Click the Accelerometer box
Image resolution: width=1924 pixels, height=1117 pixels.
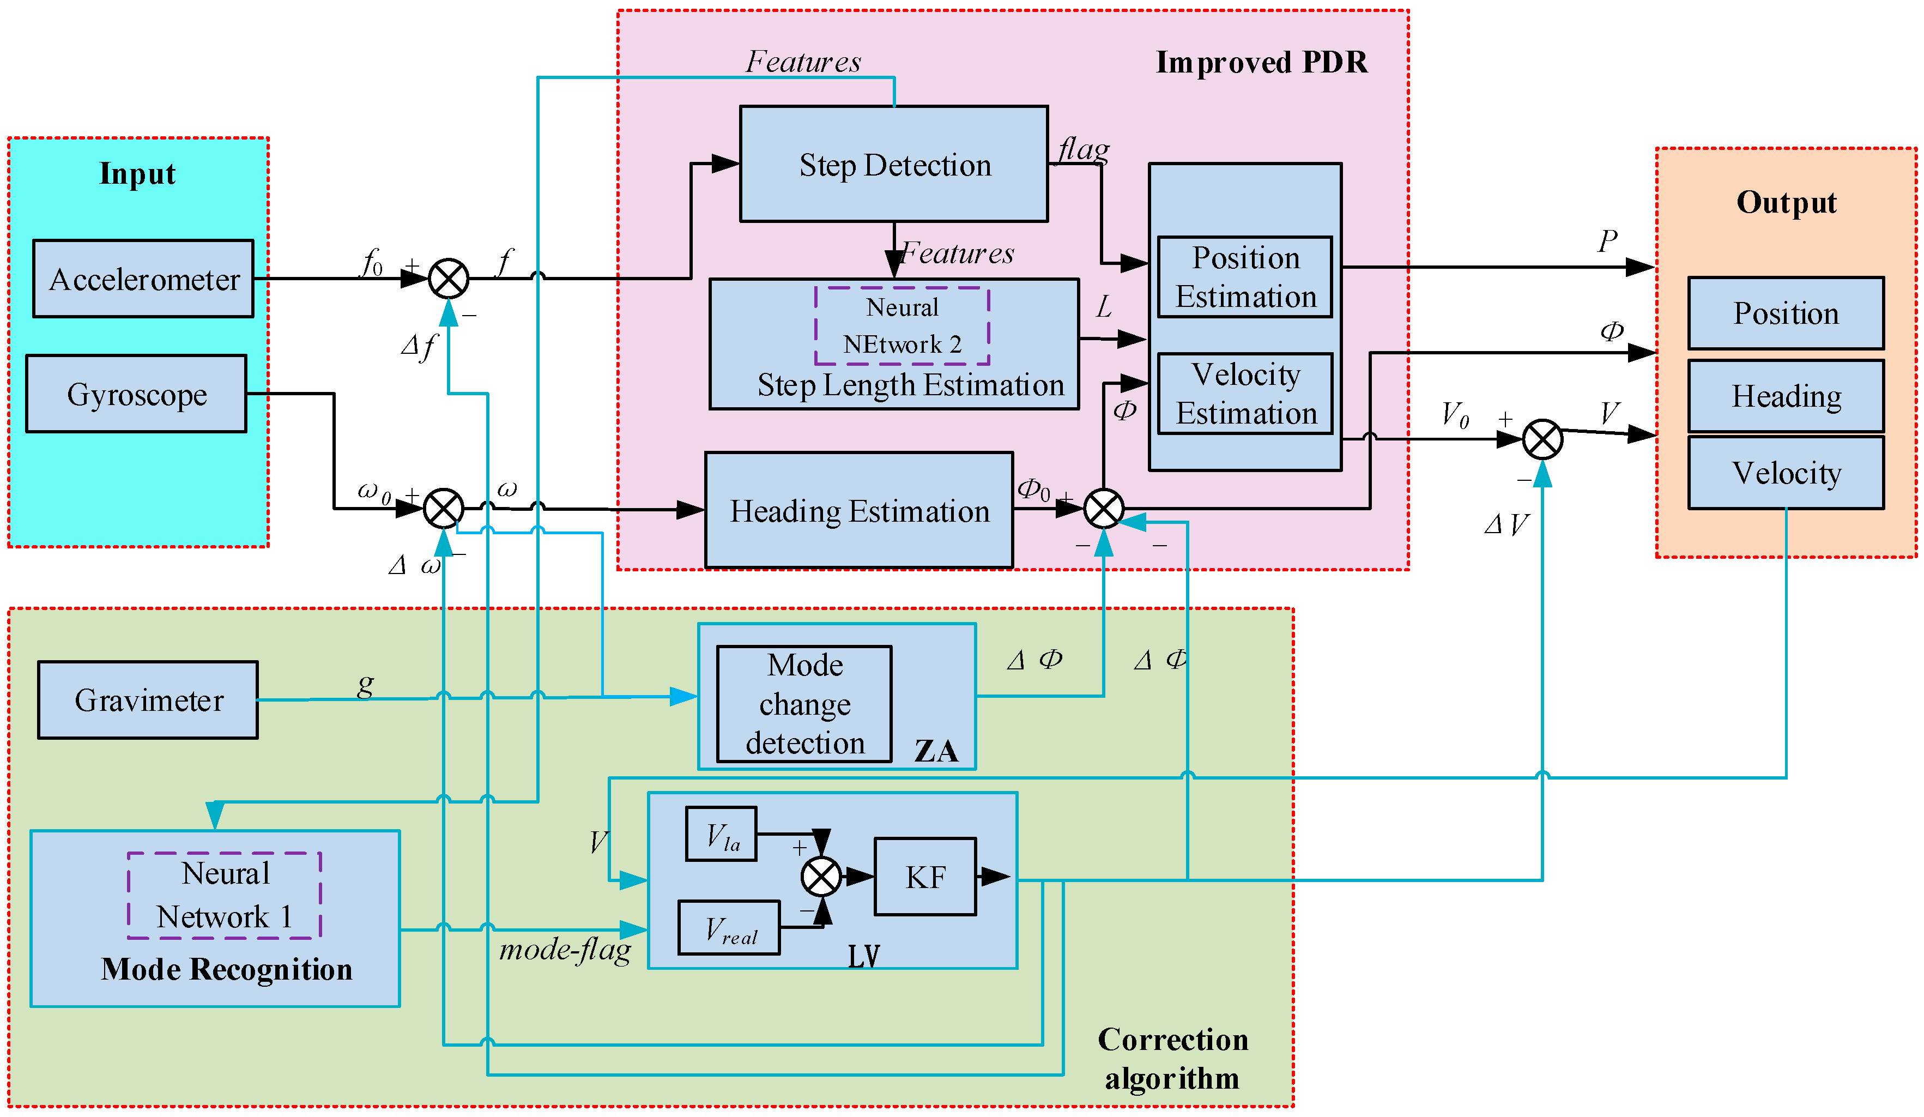pos(143,279)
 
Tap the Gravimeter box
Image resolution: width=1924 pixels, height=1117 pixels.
pos(148,700)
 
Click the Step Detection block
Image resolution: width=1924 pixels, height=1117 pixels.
pos(893,164)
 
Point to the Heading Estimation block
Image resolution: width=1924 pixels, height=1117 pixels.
pos(859,510)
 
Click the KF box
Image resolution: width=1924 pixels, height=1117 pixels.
pos(924,877)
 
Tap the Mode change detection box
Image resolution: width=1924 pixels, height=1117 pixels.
pos(804,704)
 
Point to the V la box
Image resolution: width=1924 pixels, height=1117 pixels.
pos(721,834)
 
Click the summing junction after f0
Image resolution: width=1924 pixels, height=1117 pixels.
pos(448,279)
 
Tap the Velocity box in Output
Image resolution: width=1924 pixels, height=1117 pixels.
pos(1785,473)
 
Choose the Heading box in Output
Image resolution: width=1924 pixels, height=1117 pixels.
pos(1785,395)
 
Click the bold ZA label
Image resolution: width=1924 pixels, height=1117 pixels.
pos(935,751)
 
